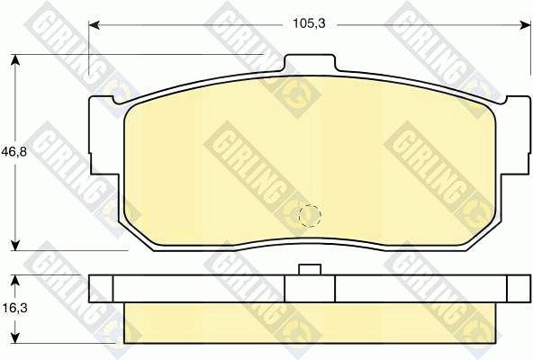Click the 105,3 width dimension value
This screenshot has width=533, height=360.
[x=309, y=23]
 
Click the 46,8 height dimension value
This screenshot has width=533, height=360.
[x=14, y=151]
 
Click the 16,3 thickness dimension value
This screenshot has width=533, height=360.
[x=14, y=308]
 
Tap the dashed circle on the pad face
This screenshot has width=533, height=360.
[x=310, y=215]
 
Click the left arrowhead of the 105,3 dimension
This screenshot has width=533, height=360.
[x=94, y=24]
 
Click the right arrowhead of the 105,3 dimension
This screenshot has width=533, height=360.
[x=525, y=24]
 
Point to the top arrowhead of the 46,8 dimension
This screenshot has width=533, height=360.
[x=14, y=59]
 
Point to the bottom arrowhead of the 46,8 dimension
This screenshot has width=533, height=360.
[x=14, y=245]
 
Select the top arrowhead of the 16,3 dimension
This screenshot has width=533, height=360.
[x=14, y=281]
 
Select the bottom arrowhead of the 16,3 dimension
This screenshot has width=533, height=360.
[x=14, y=337]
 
